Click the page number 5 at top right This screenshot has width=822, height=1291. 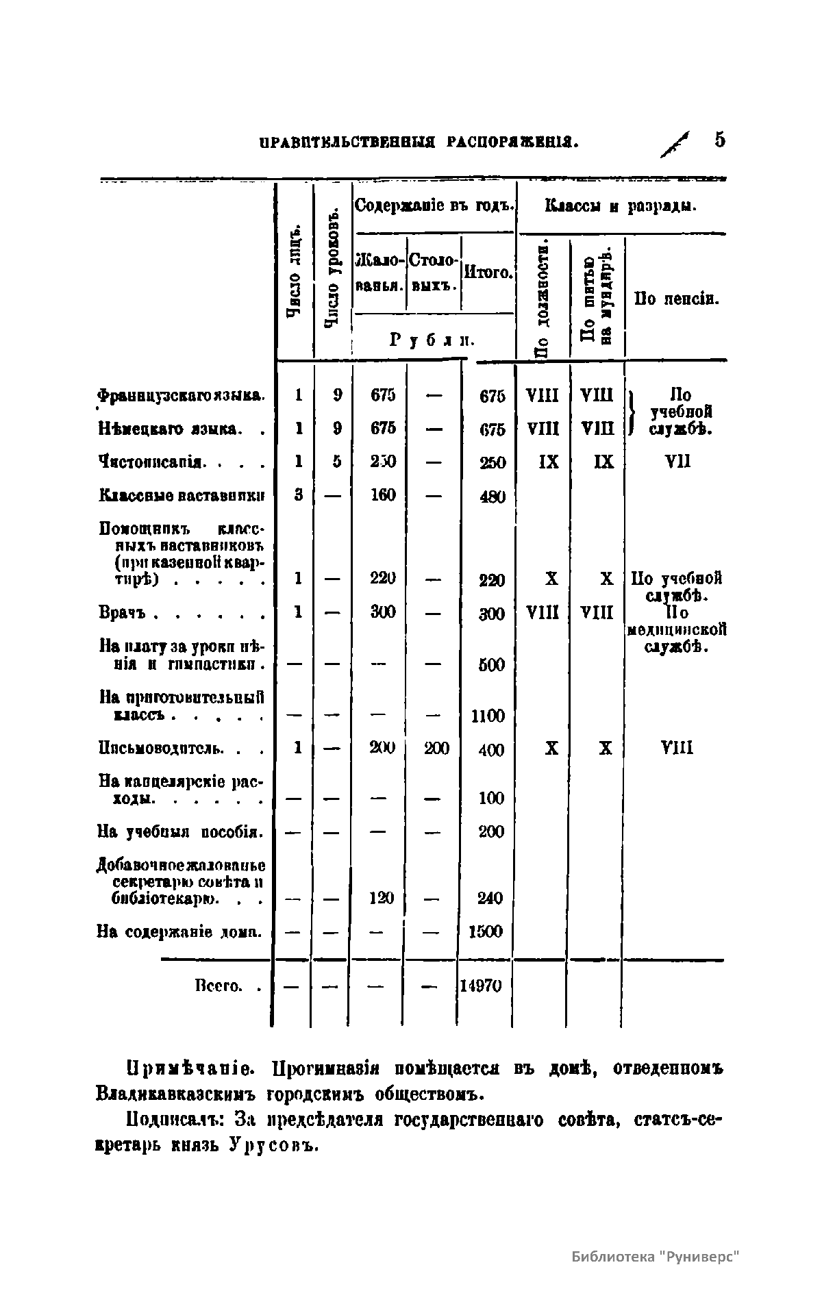coord(719,140)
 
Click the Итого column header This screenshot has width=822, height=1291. coord(488,272)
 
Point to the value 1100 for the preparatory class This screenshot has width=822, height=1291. coord(488,716)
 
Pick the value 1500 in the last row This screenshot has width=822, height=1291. coord(486,931)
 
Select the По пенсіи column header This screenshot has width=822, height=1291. coord(676,299)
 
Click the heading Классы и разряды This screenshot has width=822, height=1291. coord(621,205)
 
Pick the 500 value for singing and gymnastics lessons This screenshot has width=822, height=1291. coord(491,664)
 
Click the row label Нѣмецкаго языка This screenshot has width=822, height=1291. coord(169,429)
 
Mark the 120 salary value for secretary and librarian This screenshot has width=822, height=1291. coord(382,897)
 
